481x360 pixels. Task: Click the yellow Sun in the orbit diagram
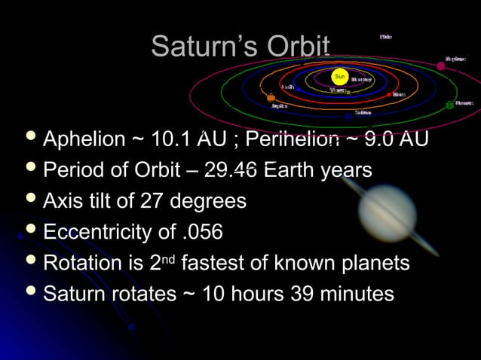(340, 77)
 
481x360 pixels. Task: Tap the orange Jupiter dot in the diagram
(271, 98)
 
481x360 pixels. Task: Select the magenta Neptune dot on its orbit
(441, 66)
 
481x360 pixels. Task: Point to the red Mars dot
(390, 95)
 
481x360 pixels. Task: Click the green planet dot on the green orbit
(449, 105)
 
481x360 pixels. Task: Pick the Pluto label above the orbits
(386, 36)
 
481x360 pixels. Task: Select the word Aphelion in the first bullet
(84, 139)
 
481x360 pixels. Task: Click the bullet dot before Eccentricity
(30, 230)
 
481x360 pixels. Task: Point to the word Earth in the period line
(289, 170)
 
